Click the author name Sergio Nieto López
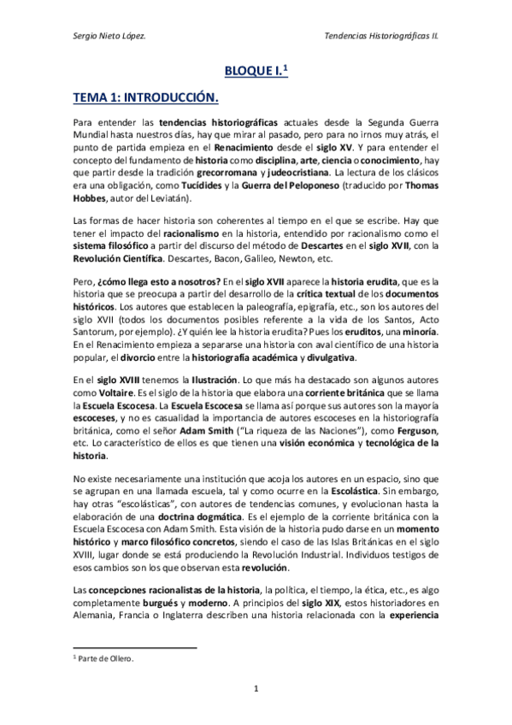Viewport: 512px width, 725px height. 109,36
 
